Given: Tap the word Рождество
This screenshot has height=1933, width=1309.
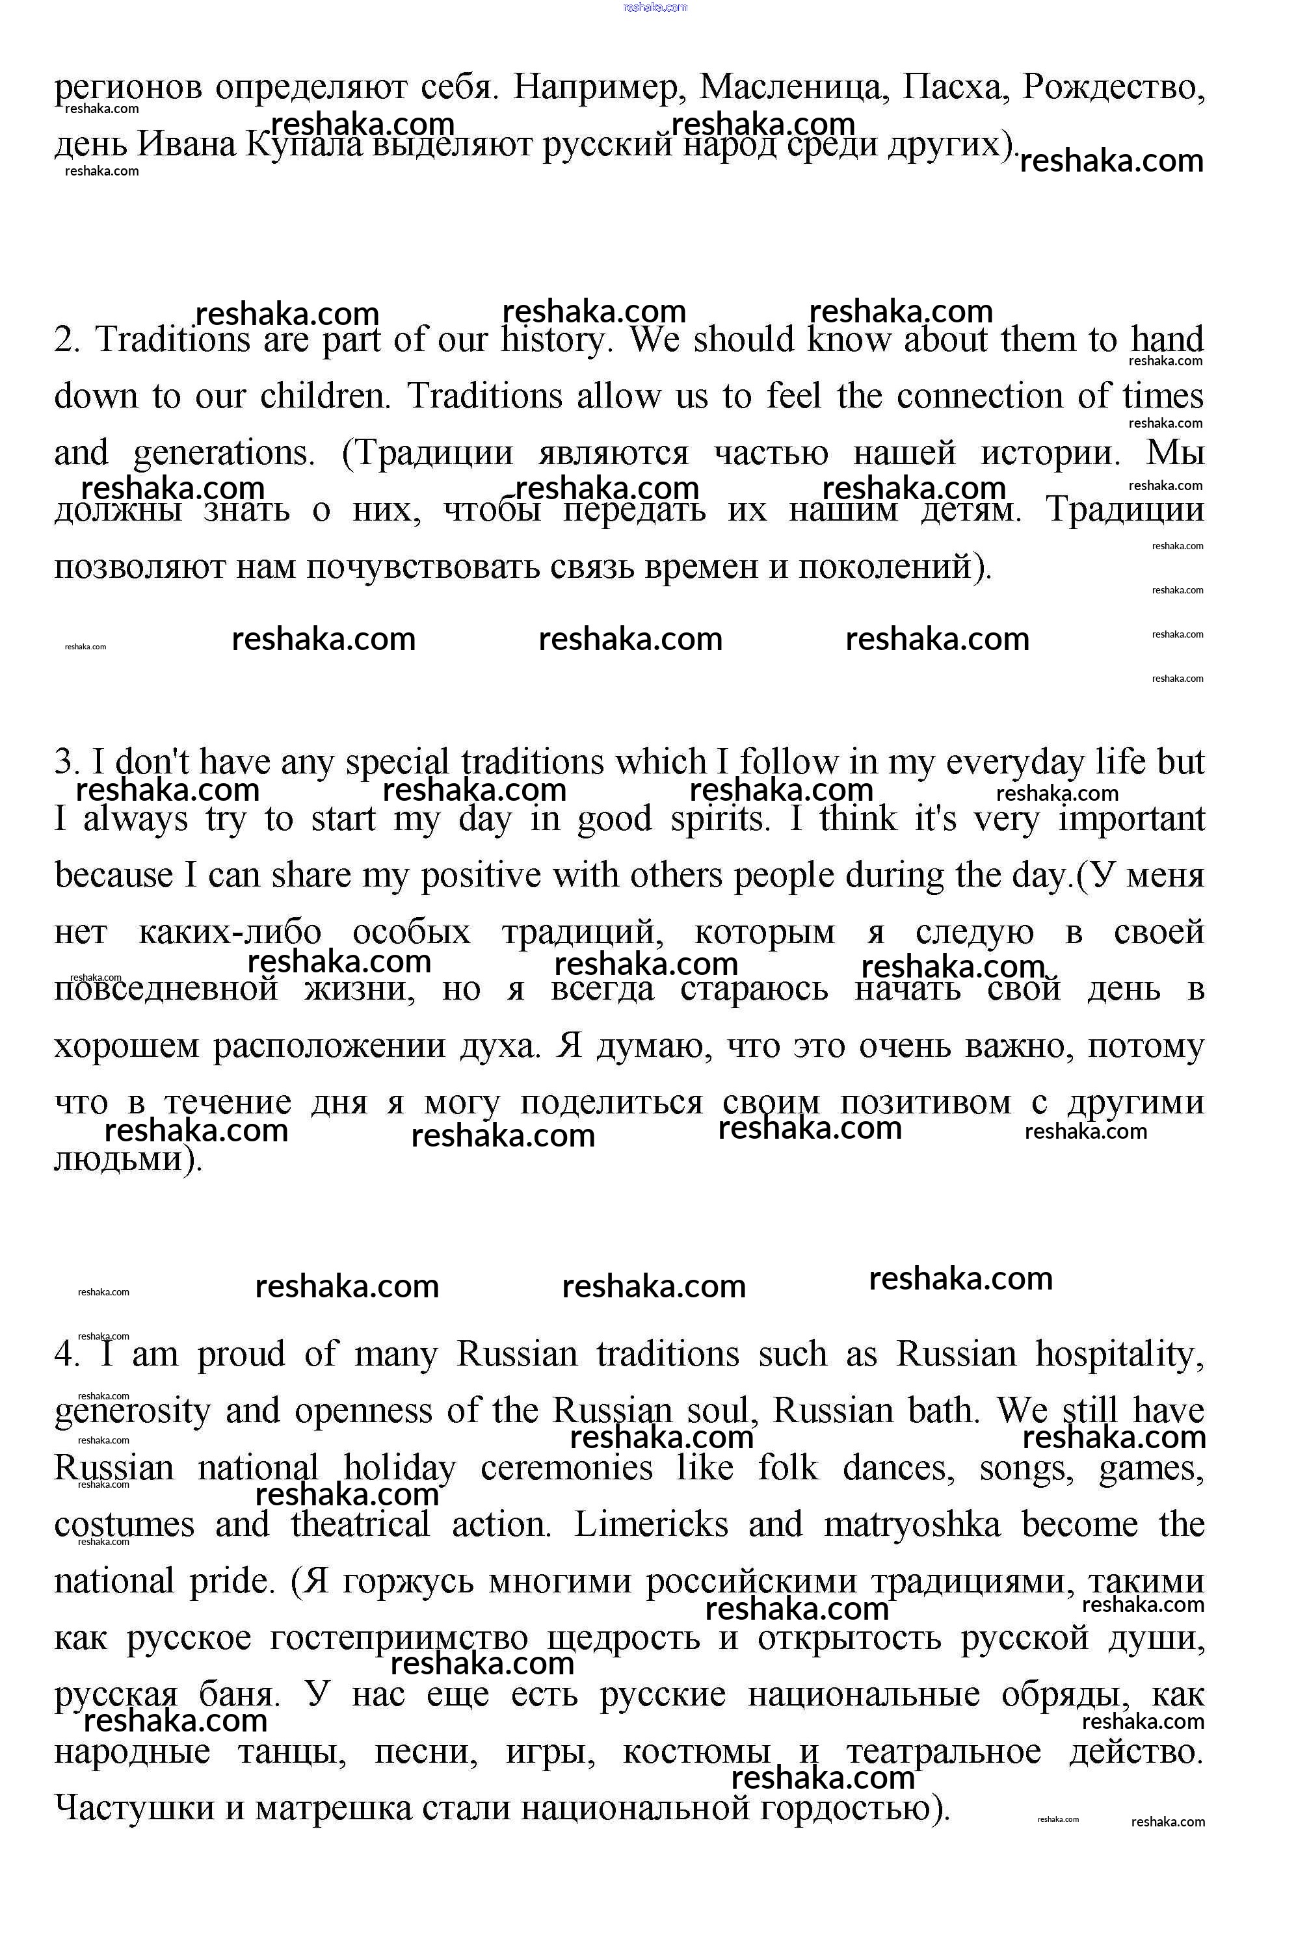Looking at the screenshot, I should (x=1113, y=87).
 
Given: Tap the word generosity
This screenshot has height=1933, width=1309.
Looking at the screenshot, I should (x=132, y=1412).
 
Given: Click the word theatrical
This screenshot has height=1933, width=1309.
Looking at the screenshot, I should (x=360, y=1525).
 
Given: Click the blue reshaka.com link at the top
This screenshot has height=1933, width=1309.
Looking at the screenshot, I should (x=655, y=8).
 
